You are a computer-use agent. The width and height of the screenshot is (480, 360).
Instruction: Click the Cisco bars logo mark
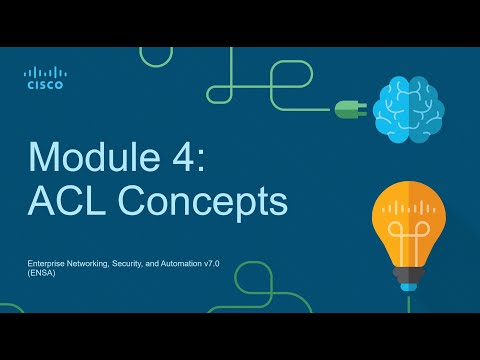coord(44,73)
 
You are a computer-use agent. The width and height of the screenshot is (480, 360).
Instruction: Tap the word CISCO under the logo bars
coord(44,86)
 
